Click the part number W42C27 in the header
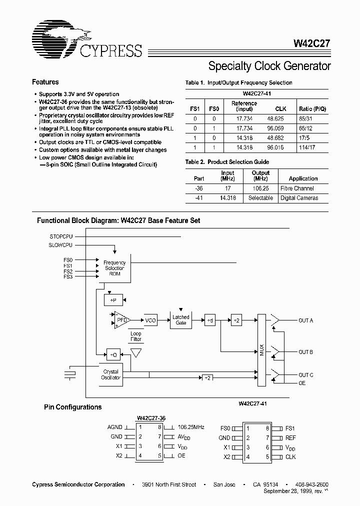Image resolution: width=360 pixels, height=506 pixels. [x=311, y=43]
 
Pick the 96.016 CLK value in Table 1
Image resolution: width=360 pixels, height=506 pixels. [x=280, y=147]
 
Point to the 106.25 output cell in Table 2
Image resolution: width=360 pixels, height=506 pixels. [x=260, y=188]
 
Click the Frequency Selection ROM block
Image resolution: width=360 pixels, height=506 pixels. [x=114, y=268]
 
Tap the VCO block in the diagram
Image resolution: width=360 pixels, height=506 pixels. [x=150, y=320]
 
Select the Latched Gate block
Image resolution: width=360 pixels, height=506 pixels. [x=180, y=320]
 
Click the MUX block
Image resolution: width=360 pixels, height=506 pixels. [x=262, y=350]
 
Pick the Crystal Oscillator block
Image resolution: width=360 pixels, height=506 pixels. [x=110, y=375]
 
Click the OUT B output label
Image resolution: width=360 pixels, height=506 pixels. [x=305, y=352]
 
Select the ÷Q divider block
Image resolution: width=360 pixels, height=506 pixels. [x=114, y=354]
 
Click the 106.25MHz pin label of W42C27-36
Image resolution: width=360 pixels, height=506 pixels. [x=190, y=427]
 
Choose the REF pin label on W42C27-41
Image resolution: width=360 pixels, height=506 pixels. [x=290, y=437]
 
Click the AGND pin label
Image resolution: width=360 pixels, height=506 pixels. [x=115, y=427]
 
